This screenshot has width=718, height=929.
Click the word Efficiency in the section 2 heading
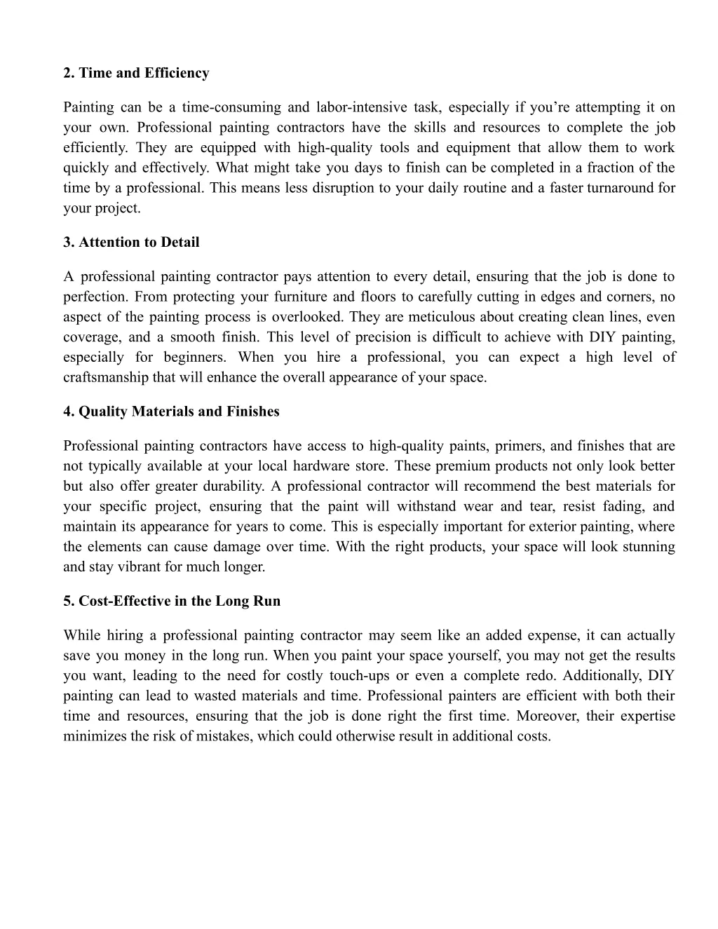coord(177,73)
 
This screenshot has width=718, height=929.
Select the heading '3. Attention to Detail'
coord(131,242)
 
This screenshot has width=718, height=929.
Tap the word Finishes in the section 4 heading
coord(252,412)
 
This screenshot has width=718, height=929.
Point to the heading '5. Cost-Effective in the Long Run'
coord(172,601)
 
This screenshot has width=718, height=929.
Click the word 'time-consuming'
coord(231,107)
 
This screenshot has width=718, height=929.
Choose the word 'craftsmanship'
coord(106,377)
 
